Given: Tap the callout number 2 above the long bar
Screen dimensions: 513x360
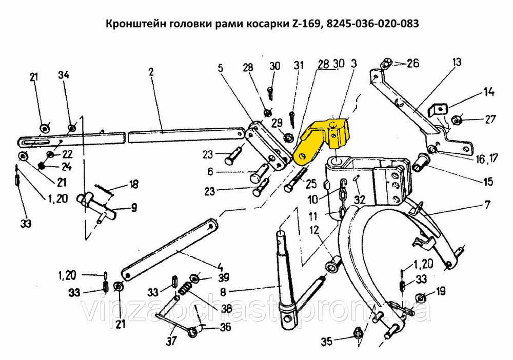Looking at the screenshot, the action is (x=151, y=72).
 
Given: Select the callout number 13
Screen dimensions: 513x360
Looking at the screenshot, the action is (x=457, y=62).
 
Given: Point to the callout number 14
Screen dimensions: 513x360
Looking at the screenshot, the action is (x=488, y=92).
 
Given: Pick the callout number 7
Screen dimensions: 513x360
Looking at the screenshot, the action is (x=487, y=205).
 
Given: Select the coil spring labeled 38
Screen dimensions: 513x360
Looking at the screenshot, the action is (x=185, y=289).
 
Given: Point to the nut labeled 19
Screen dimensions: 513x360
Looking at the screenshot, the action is (x=421, y=297).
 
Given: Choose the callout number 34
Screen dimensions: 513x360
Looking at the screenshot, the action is (x=64, y=75).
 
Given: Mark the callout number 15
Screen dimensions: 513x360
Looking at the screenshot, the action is (x=488, y=181).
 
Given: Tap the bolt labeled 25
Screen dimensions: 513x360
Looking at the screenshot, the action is (x=297, y=179).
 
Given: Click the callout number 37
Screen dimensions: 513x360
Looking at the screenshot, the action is (x=171, y=341).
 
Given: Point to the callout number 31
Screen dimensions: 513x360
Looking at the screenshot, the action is (x=299, y=66).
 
